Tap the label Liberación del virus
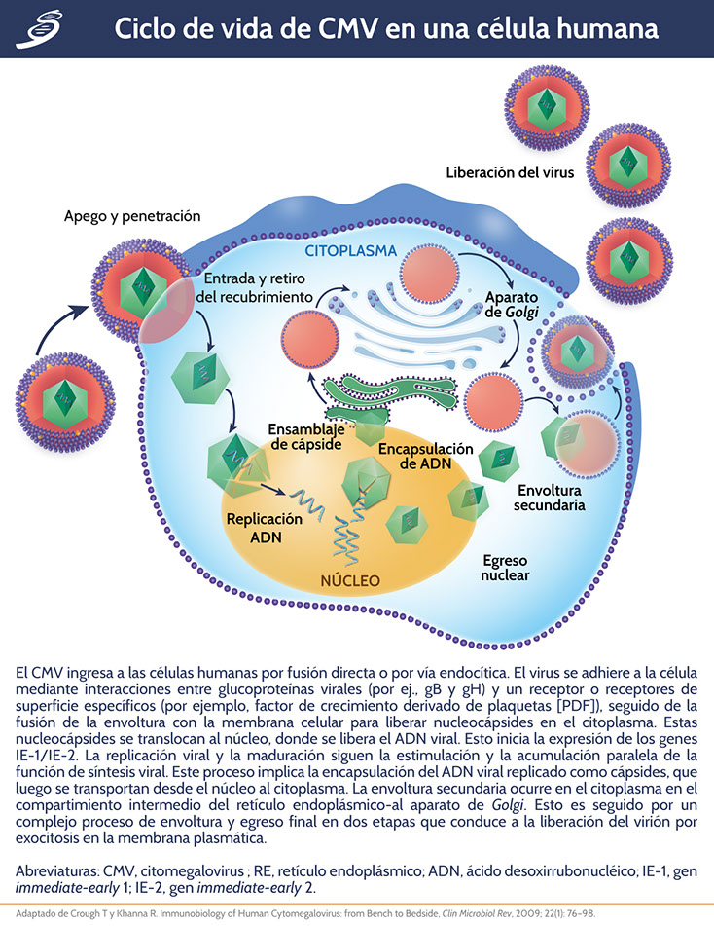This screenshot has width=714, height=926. click(x=510, y=172)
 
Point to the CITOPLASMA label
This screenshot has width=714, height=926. click(x=350, y=251)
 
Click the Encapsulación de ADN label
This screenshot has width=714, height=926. click(x=426, y=458)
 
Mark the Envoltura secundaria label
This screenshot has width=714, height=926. click(x=551, y=497)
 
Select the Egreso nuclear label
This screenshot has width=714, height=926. click(x=506, y=568)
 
